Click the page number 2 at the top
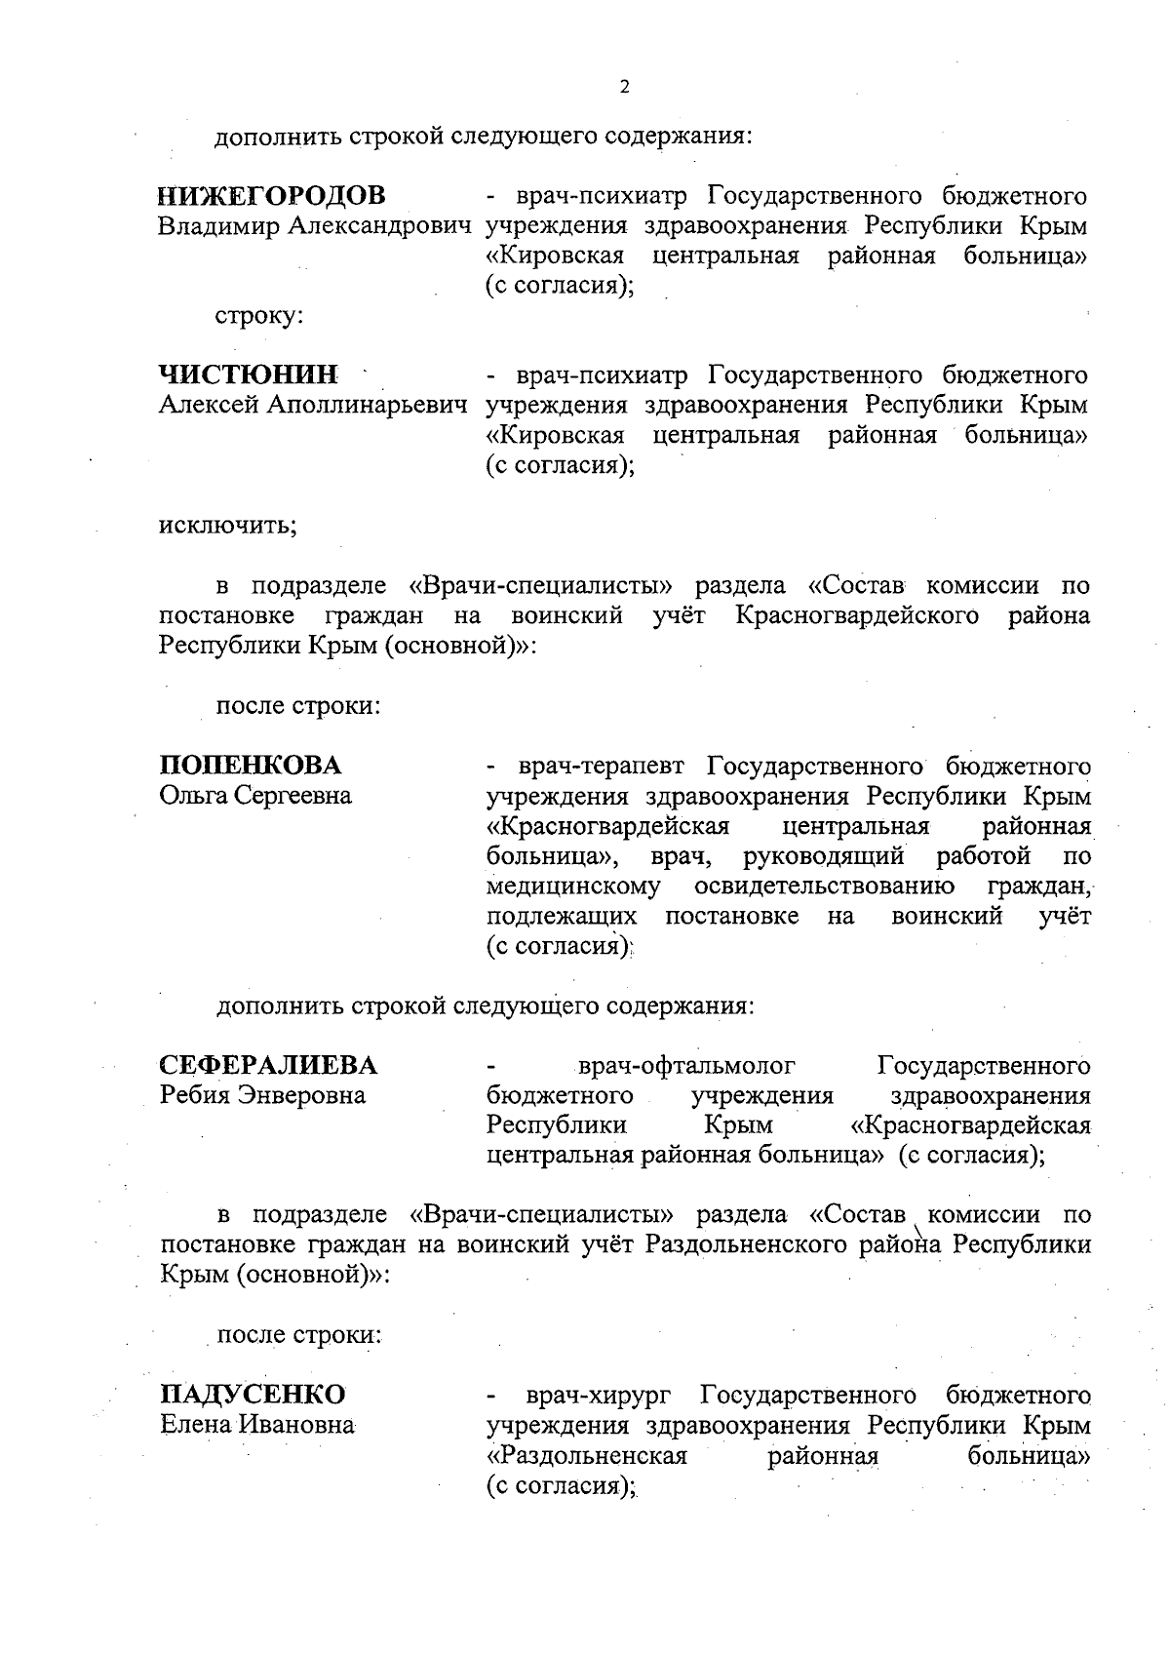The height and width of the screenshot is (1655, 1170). (x=624, y=87)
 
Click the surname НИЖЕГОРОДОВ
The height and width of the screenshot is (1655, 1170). (x=271, y=196)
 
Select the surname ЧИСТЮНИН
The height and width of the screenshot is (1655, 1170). (x=249, y=374)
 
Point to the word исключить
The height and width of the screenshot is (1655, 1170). (x=227, y=526)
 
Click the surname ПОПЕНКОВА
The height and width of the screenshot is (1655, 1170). (x=251, y=765)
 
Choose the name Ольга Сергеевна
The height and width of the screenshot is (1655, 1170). (x=255, y=796)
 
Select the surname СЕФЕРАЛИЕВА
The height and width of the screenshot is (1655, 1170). (x=268, y=1065)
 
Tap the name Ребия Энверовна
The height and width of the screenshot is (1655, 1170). (x=262, y=1095)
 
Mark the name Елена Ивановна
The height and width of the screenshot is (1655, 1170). (x=256, y=1425)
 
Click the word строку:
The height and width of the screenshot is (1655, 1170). (x=259, y=316)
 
